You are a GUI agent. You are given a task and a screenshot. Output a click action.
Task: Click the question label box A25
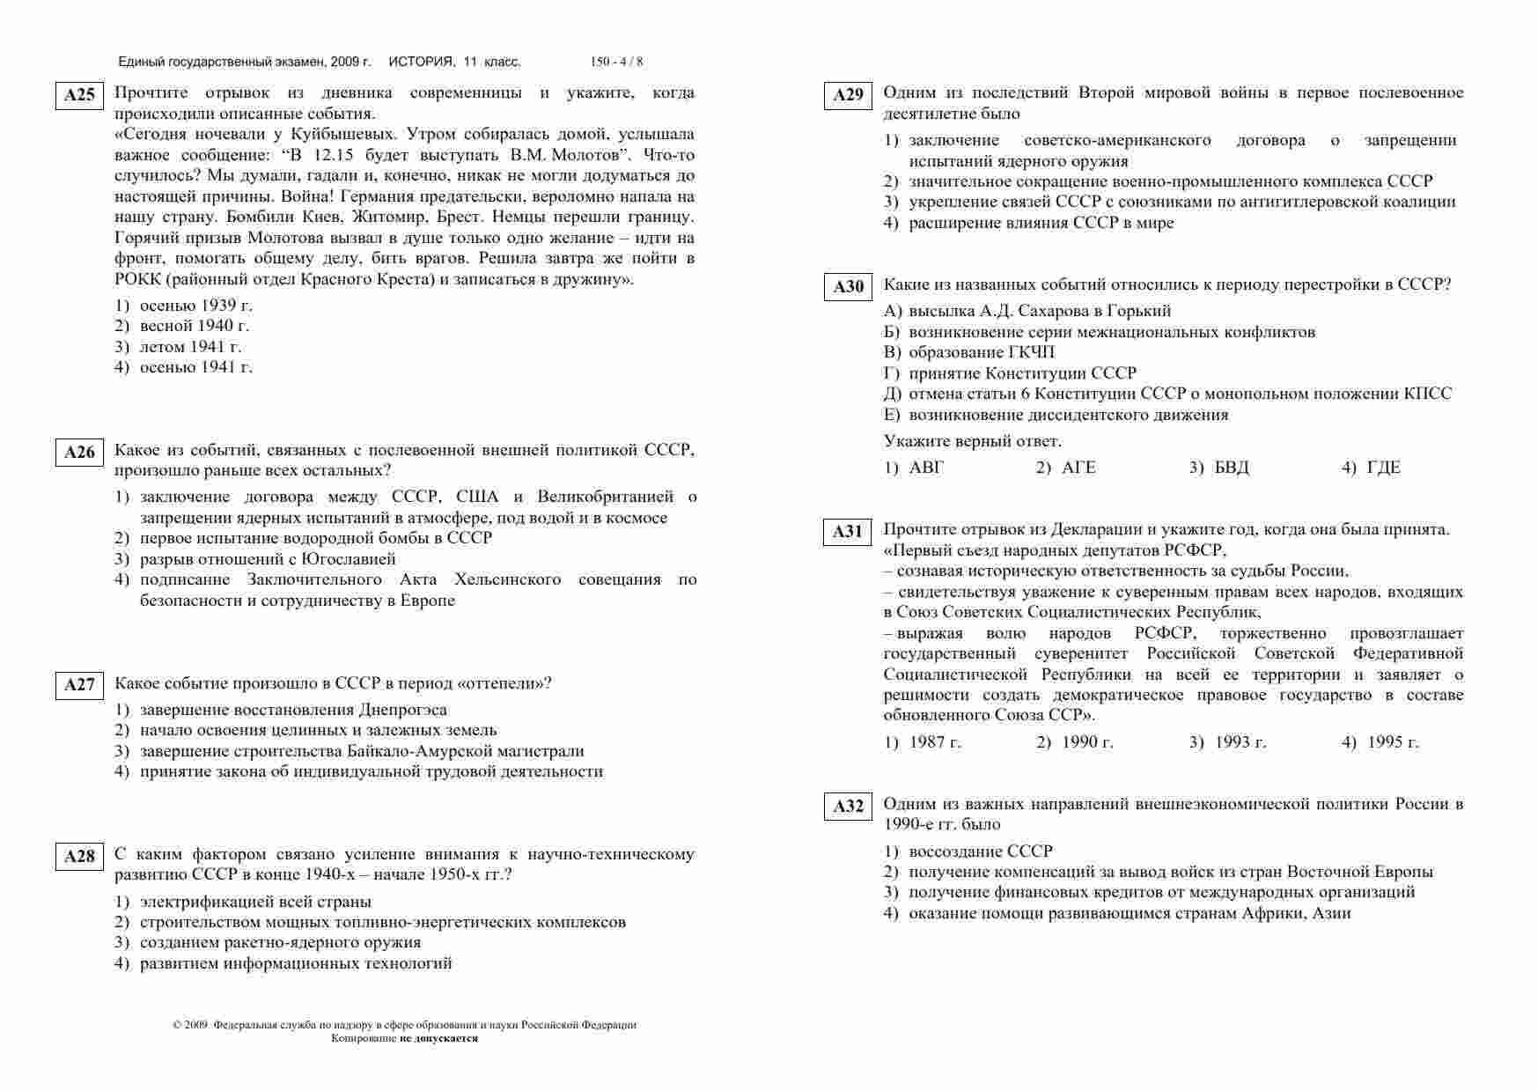[79, 95]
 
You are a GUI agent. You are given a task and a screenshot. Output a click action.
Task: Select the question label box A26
[79, 453]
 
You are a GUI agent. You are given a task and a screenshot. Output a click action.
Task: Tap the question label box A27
[79, 685]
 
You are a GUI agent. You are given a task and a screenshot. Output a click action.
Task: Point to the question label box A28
[79, 856]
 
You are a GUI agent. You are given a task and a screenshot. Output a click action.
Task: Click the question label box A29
[848, 95]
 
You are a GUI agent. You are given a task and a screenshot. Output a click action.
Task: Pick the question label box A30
[848, 287]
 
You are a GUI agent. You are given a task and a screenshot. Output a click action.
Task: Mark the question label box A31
[848, 532]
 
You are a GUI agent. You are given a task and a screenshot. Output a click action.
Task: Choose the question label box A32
[848, 807]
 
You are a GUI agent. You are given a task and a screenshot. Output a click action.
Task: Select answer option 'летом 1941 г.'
[190, 347]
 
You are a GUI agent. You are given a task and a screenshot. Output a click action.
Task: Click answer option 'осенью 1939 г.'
[195, 306]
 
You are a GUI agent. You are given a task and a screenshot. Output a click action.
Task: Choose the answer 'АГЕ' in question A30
[1078, 468]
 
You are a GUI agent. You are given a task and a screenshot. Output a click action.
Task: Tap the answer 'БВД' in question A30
[1231, 468]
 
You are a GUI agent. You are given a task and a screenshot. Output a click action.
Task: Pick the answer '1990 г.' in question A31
[1087, 742]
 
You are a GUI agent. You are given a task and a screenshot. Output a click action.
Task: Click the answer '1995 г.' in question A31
[1393, 742]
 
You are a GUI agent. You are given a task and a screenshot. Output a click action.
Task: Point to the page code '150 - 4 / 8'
[616, 62]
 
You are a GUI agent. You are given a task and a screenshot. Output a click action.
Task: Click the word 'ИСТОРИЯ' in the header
[421, 62]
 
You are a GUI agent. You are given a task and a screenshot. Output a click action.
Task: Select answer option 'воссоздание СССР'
[980, 851]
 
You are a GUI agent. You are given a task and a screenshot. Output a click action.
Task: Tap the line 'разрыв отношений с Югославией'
[268, 559]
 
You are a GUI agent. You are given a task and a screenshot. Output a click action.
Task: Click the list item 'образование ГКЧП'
[982, 352]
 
